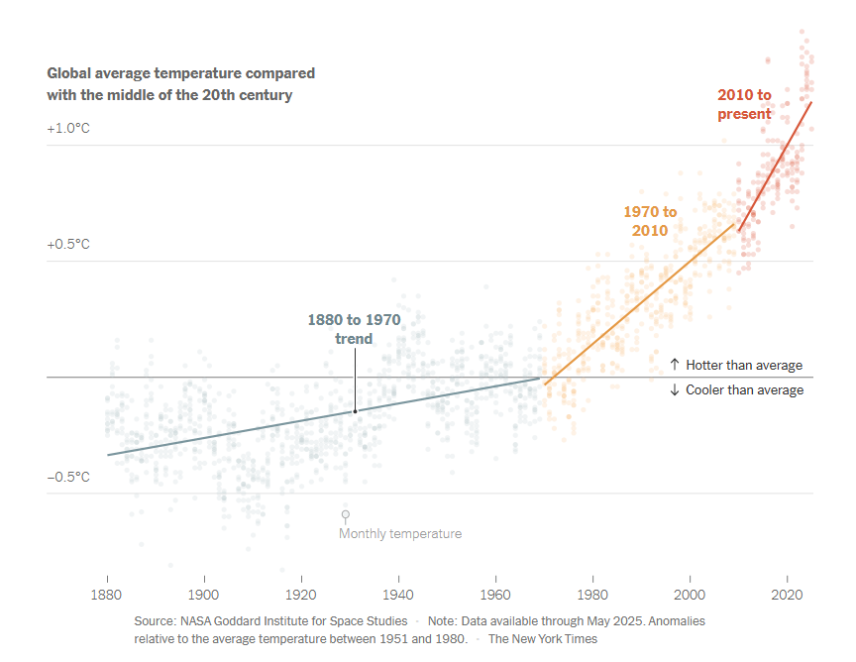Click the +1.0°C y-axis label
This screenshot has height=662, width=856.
(x=68, y=129)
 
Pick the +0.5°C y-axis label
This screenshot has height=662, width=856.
(x=68, y=245)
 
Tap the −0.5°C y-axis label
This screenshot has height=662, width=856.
(x=68, y=477)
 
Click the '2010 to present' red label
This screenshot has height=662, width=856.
(x=744, y=104)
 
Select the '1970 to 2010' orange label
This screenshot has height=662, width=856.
(x=650, y=221)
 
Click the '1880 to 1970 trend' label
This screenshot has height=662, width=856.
(x=354, y=329)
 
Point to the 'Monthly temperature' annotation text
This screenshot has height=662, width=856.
(x=400, y=533)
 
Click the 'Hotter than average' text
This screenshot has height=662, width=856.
(x=744, y=365)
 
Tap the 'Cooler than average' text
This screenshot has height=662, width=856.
(x=744, y=389)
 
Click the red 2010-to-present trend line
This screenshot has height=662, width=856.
(x=776, y=165)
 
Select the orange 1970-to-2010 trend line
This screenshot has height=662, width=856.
(x=639, y=304)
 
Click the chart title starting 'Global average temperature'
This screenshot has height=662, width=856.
(x=181, y=84)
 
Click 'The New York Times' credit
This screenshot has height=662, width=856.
(x=543, y=638)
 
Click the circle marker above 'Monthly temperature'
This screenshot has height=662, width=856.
(x=346, y=514)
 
